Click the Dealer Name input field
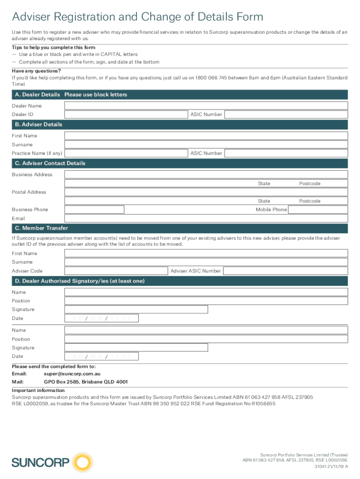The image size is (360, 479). tap(206, 106)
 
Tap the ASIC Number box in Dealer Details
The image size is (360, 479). tap(286, 115)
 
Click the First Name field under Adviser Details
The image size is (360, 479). tap(206, 136)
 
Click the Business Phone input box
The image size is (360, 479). tap(94, 210)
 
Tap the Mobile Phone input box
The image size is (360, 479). tap(317, 210)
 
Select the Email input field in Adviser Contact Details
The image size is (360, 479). tap(206, 218)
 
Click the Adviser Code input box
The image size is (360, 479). tap(116, 271)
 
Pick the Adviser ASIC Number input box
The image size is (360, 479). tap(285, 271)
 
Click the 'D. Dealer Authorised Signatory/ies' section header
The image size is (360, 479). tap(80, 281)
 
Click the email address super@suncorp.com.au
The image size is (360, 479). tap(72, 374)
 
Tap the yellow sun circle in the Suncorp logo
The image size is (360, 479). tap(82, 463)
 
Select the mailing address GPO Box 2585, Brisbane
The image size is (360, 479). tap(86, 382)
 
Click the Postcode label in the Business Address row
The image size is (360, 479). tap(310, 184)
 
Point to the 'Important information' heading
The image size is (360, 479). tap(38, 391)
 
